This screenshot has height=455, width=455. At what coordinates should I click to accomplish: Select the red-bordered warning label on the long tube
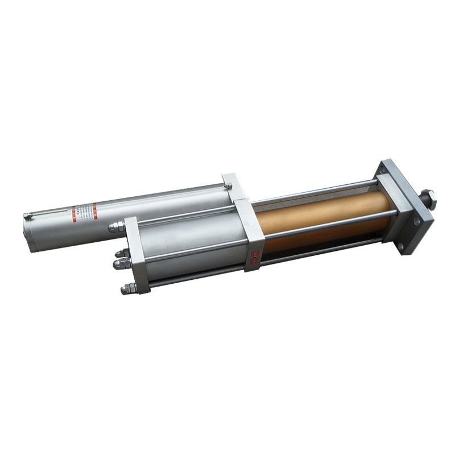tap(84, 213)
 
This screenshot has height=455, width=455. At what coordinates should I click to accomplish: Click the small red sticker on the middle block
tap(254, 257)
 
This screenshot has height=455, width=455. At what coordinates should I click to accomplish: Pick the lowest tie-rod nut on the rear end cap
tap(127, 288)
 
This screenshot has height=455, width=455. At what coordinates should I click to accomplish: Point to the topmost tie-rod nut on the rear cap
tap(117, 227)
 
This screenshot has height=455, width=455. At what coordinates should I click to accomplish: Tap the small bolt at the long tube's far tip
tap(27, 216)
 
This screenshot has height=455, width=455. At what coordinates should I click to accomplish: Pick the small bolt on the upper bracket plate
tap(227, 184)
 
